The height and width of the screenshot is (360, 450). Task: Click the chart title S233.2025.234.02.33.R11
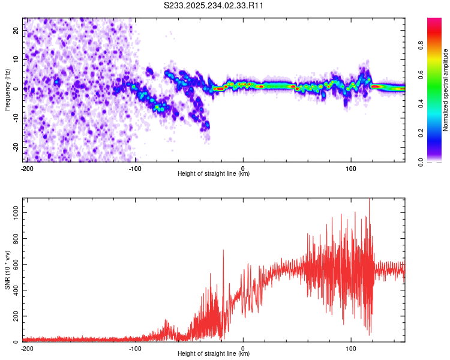(x=214, y=5)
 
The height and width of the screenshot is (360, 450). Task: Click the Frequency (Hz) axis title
(x=7, y=90)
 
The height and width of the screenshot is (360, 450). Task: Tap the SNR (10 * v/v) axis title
(x=7, y=271)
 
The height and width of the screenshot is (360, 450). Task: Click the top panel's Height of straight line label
(x=214, y=174)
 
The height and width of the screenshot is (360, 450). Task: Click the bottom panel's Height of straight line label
(x=214, y=355)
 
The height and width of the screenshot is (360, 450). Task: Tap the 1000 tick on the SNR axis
(x=14, y=213)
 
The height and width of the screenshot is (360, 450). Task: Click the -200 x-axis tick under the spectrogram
(x=27, y=168)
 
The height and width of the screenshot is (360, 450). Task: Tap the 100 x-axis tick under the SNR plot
(x=351, y=348)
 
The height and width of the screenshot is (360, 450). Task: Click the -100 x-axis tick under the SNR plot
(x=135, y=348)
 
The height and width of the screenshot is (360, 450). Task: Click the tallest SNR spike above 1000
(x=369, y=202)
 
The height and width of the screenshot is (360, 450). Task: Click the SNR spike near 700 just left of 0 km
(x=223, y=251)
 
